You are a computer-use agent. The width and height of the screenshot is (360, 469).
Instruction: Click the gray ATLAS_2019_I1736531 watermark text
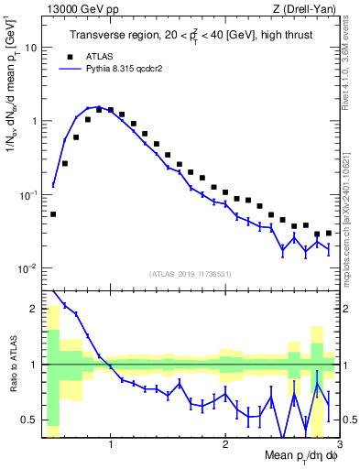(191, 274)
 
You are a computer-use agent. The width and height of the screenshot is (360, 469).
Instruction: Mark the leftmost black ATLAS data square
(53, 213)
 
